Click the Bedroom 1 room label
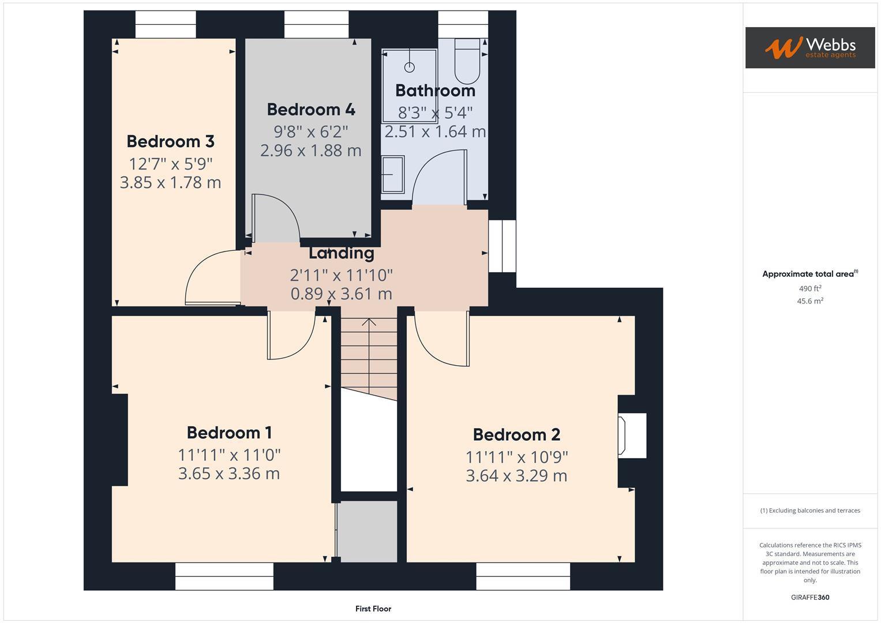pyautogui.click(x=229, y=433)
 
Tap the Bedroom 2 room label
pyautogui.click(x=516, y=434)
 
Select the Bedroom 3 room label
pyautogui.click(x=170, y=141)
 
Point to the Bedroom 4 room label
pyautogui.click(x=311, y=110)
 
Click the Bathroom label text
pyautogui.click(x=435, y=91)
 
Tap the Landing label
pyautogui.click(x=341, y=253)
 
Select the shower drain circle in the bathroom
pyautogui.click(x=410, y=67)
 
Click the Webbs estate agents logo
pyautogui.click(x=809, y=48)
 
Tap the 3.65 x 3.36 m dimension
pyautogui.click(x=229, y=474)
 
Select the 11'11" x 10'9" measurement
pyautogui.click(x=516, y=457)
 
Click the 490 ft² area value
pyautogui.click(x=810, y=288)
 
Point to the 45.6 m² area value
pyautogui.click(x=810, y=301)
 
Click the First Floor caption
pyautogui.click(x=373, y=609)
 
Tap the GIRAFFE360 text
pyautogui.click(x=810, y=597)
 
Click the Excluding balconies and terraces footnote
pyautogui.click(x=810, y=511)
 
